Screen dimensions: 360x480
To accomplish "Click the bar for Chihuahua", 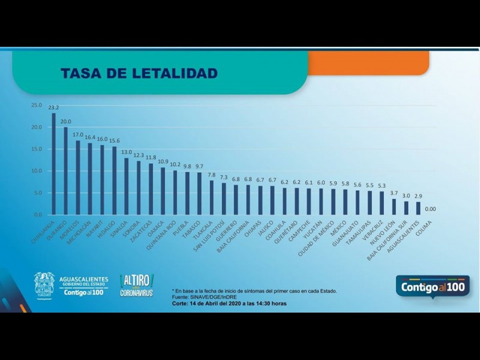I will (x=53, y=163).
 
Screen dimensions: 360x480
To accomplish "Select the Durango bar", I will (x=65, y=170).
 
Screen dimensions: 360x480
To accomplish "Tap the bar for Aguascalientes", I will (x=418, y=208).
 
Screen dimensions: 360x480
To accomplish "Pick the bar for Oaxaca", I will (x=163, y=191).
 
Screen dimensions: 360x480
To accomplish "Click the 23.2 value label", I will (x=53, y=108).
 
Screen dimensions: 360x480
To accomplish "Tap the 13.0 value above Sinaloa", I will (x=126, y=152).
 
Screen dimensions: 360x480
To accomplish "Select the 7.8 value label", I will (x=212, y=175).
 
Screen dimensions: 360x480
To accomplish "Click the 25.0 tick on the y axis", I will (x=37, y=106).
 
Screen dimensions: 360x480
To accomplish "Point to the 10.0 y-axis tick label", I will (x=37, y=171).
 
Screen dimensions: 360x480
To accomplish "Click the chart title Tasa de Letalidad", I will (x=139, y=73).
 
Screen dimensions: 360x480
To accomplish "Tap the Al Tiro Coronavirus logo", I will (x=137, y=285).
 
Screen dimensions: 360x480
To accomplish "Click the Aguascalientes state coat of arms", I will (x=44, y=285).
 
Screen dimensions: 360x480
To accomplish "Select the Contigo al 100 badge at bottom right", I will (x=432, y=287).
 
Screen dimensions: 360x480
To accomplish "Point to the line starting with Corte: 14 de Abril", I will (x=229, y=304).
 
